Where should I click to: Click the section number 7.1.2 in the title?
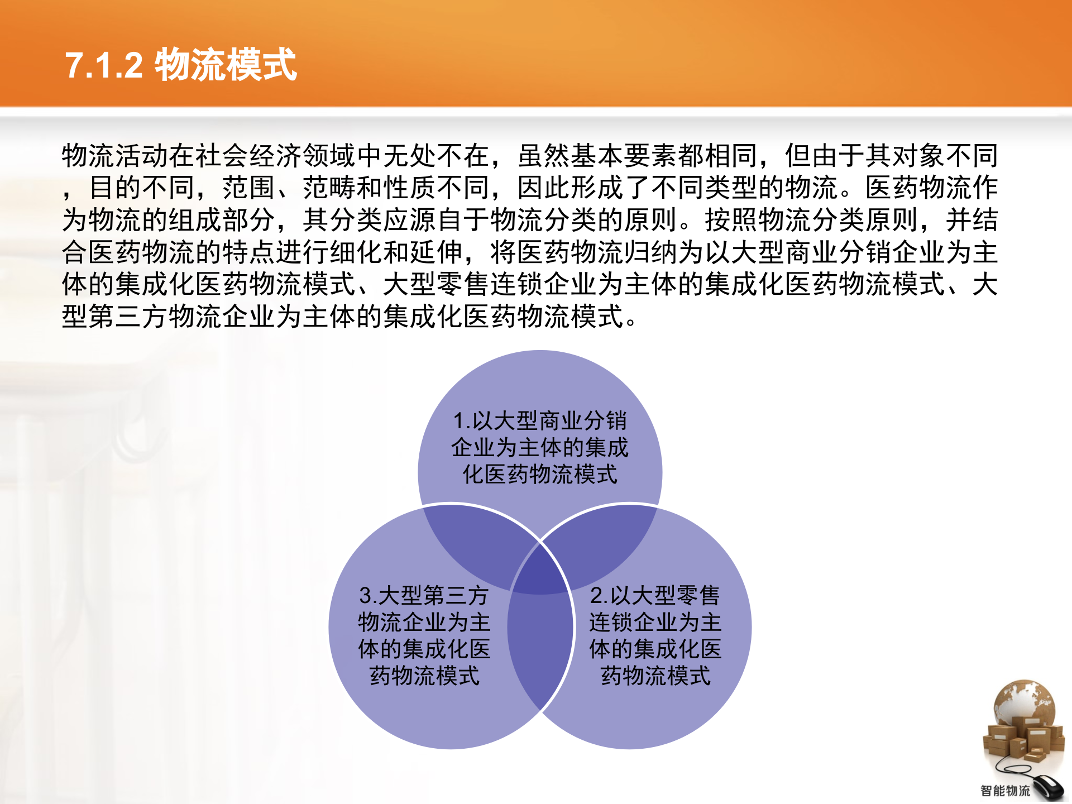point(104,65)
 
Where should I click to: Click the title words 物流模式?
point(226,65)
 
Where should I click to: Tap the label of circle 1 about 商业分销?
point(539,447)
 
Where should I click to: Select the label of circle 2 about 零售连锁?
point(655,635)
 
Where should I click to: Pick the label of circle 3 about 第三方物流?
point(424,635)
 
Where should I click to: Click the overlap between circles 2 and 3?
point(540,648)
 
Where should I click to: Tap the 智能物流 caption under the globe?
point(1005,791)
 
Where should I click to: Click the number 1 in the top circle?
point(459,421)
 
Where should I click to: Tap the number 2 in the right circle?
point(596,595)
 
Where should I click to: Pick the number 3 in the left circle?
point(366,595)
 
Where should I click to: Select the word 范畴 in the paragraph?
point(329,188)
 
